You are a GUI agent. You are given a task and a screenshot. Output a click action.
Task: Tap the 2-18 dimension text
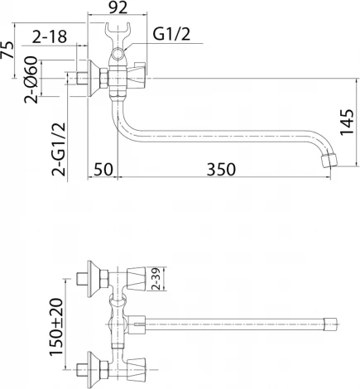pyautogui.click(x=50, y=36)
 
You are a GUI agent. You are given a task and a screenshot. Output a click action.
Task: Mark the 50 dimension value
pyautogui.click(x=103, y=169)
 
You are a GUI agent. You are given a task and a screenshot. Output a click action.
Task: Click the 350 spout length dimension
pyautogui.click(x=221, y=169)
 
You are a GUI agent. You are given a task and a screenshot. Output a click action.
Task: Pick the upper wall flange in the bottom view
pyautogui.click(x=84, y=276)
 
